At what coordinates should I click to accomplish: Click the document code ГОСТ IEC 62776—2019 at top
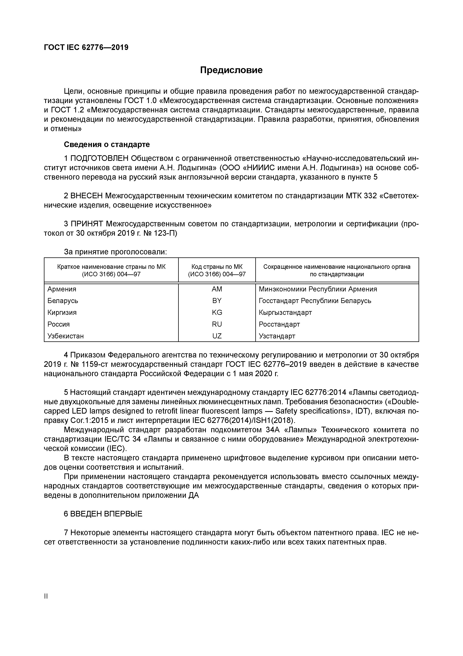[86, 48]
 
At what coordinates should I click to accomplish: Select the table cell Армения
[62, 289]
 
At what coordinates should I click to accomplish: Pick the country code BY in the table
[217, 301]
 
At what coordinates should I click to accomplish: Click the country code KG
[217, 313]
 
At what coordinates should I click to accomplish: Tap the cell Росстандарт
[279, 324]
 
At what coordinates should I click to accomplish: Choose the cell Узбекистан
[66, 336]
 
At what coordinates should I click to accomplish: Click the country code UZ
[217, 336]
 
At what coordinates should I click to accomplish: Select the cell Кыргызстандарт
[285, 313]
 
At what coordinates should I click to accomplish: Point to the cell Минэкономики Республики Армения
[318, 289]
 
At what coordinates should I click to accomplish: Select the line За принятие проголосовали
[115, 252]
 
